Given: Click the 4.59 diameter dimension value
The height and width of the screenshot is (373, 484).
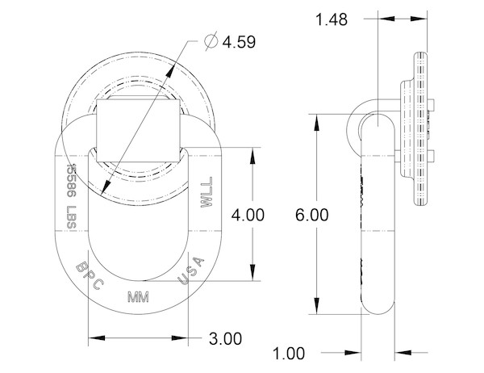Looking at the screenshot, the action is coord(239,42).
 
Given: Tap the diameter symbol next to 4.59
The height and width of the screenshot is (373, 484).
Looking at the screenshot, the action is coord(211,41).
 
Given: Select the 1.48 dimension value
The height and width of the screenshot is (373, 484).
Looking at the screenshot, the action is coord(332,19).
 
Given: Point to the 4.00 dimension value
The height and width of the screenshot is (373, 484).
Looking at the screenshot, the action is coord(248,215).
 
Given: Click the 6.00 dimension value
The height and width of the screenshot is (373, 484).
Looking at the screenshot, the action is coord(311,215).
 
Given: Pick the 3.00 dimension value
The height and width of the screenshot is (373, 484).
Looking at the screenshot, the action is coord(225,339).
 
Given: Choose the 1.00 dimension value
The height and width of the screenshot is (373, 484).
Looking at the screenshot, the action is coord(289,354).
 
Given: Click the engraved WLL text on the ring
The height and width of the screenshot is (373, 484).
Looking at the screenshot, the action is coord(207,192).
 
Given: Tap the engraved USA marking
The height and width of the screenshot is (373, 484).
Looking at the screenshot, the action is coord(191,271).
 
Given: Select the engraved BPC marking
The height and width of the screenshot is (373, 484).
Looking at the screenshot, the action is coord(90,275).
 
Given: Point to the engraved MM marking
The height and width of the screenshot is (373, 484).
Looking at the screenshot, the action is coord(138,297).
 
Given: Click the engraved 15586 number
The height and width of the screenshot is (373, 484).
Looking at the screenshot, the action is coord(71,181).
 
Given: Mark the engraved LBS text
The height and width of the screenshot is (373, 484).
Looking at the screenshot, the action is coord(71,217).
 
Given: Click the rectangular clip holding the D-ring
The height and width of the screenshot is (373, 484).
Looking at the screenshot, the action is coord(138,131).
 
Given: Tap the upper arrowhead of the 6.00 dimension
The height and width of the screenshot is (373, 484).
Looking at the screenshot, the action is coord(317,122).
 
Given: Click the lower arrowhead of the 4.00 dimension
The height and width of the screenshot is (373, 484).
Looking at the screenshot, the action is coord(252,273).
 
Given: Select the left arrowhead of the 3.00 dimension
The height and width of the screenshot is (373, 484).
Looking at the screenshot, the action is coord(97,337).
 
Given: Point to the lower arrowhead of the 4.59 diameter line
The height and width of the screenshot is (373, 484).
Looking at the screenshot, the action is coord(106,186).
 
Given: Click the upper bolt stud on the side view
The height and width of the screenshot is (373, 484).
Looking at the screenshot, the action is coord(432,105).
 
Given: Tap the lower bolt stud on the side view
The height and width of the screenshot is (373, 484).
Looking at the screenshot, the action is coord(432,156).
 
